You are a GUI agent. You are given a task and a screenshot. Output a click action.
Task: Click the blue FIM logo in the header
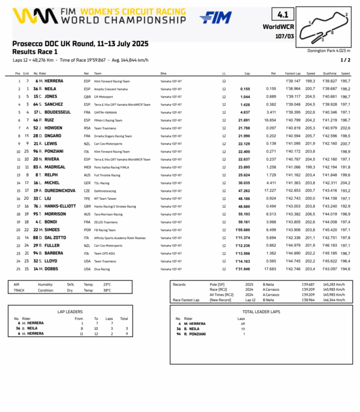coord(216,18)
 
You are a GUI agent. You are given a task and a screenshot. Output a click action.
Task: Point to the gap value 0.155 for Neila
coord(245,89)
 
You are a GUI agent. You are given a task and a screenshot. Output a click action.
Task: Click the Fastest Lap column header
coord(293,73)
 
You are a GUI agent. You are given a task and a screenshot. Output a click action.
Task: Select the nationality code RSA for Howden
coord(87,128)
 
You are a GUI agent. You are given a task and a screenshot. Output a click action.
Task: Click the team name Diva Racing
coord(102,269)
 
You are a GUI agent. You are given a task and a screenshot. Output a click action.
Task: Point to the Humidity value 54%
coord(70,284)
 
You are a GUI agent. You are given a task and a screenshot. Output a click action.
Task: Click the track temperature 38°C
coord(107,290)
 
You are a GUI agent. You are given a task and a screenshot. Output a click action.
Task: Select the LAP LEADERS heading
coord(70,311)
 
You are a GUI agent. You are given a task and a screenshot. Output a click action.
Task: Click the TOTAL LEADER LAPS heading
coord(261,311)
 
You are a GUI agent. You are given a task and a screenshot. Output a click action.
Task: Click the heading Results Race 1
coord(35,52)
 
